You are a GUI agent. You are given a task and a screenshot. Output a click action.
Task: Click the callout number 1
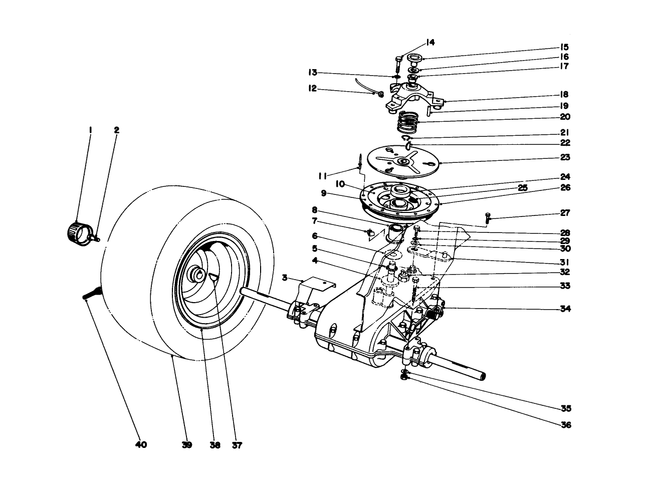(90, 130)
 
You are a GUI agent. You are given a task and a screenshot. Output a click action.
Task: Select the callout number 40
(141, 444)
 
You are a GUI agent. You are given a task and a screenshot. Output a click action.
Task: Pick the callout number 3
(285, 278)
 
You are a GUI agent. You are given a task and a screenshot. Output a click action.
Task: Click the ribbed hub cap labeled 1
(76, 232)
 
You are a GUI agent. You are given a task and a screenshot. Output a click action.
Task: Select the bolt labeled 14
(398, 62)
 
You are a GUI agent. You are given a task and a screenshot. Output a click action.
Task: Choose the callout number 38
(214, 444)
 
